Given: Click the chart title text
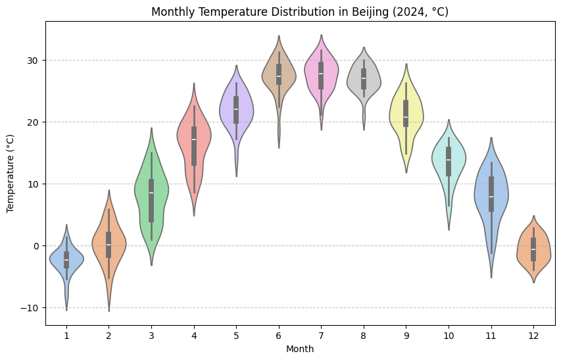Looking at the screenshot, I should coord(300,12).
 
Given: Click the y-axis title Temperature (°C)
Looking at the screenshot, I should coord(11,173).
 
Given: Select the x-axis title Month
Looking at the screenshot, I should coord(300,349).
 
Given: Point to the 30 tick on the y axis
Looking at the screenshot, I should coord(33,61).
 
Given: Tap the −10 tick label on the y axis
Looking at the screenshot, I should coord(30,308).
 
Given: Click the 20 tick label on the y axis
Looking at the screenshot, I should coord(33,122).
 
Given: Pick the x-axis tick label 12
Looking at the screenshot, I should coord(533,336).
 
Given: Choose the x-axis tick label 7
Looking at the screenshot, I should coord(321,336).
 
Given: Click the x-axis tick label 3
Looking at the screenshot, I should coord(151,336).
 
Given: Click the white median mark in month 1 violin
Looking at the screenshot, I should coord(66,260).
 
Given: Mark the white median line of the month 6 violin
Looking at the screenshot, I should coord(279,76).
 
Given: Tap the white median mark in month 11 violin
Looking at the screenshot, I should coord(491,197).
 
